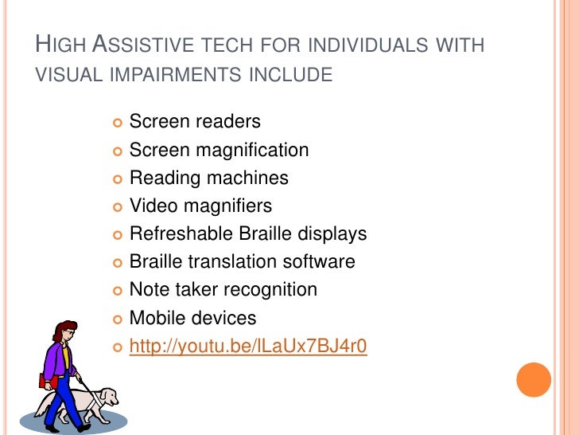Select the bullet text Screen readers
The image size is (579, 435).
coord(195,122)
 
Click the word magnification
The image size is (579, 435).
coord(253,150)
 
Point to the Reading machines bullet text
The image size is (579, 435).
coord(208,178)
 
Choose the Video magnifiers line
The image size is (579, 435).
coord(200,206)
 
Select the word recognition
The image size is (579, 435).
coord(270,289)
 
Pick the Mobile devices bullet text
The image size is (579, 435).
coord(192,318)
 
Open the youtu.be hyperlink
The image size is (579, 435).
coord(247,347)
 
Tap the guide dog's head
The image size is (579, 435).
coord(107,396)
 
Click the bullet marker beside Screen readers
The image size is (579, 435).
coord(116,123)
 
